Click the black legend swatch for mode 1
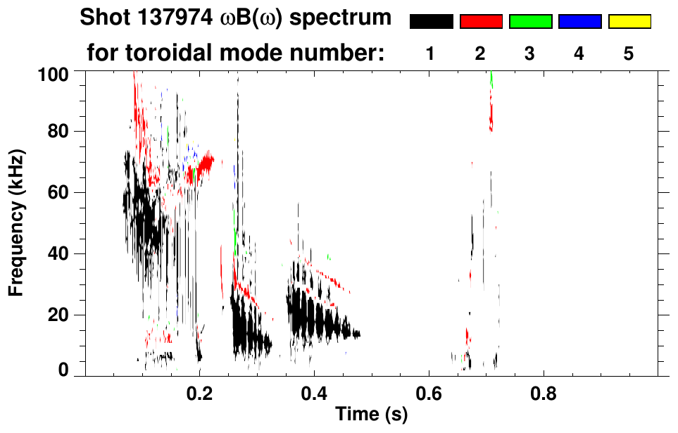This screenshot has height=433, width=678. [431, 22]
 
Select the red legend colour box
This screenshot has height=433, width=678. [481, 22]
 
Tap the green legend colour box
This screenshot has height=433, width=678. [530, 22]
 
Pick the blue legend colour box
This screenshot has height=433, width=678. [579, 22]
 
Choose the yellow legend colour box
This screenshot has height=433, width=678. [629, 22]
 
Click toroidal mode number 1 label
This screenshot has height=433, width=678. [430, 54]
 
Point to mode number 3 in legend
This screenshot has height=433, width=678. [529, 54]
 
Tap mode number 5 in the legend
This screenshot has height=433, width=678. [629, 54]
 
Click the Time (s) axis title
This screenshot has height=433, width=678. [370, 415]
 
